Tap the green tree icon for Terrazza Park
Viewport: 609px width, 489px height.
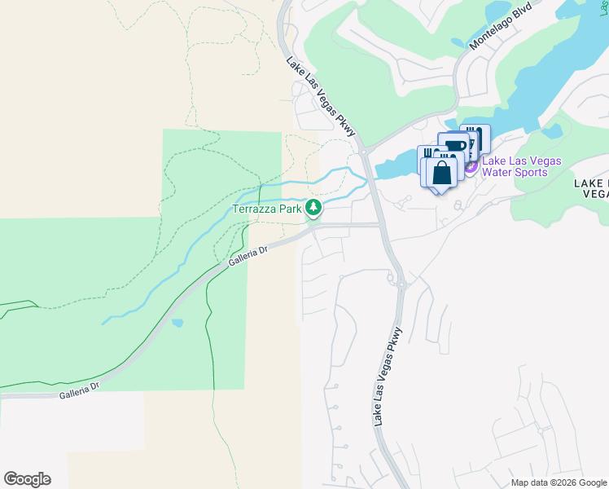point(313,209)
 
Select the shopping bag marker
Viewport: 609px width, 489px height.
point(441,173)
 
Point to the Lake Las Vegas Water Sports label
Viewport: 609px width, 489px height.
point(522,166)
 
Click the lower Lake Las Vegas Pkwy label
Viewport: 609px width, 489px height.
point(388,376)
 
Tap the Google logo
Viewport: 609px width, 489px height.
point(27,479)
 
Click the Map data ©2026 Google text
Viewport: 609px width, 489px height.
point(559,482)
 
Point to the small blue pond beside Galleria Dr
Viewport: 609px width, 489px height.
point(177,323)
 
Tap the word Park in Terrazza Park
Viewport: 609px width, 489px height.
point(289,209)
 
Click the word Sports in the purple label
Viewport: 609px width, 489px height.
point(541,172)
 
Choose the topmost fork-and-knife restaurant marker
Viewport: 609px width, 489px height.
point(475,136)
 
